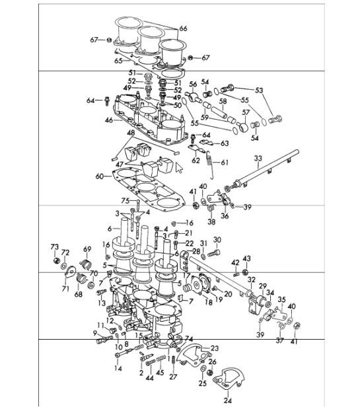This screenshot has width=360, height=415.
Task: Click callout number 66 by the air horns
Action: tap(183, 28)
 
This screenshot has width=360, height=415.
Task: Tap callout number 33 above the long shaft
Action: tap(258, 159)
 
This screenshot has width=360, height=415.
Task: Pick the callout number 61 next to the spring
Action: tap(224, 162)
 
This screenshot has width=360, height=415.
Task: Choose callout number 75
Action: tap(124, 201)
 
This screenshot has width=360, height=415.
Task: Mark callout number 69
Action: tap(86, 249)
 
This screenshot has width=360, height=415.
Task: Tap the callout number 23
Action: tap(215, 348)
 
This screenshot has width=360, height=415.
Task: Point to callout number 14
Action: tap(118, 368)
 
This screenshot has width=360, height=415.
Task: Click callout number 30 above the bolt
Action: tap(217, 240)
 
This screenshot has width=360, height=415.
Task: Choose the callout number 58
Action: tap(223, 101)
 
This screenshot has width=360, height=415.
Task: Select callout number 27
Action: tap(173, 377)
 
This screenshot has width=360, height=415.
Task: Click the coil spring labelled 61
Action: tap(210, 165)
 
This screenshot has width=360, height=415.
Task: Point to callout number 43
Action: tap(247, 258)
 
